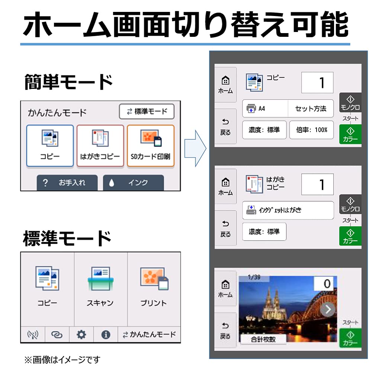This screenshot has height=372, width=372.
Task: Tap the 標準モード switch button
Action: (x=147, y=111)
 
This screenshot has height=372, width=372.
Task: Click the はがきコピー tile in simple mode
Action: (x=100, y=146)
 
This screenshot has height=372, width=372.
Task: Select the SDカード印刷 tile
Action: (x=151, y=146)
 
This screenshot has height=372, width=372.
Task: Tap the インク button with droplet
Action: (x=133, y=183)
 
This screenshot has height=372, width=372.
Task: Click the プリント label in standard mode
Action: (x=154, y=303)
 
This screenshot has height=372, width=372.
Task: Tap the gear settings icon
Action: (x=81, y=334)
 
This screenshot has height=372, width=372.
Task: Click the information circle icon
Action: (x=106, y=334)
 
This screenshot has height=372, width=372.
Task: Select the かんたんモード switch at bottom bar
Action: (x=149, y=334)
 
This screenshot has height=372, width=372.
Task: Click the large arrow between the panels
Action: (x=195, y=148)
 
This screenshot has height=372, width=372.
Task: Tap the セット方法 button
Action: (x=311, y=109)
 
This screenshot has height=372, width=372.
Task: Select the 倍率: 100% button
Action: (x=311, y=130)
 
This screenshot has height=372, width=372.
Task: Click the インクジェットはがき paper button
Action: (x=288, y=210)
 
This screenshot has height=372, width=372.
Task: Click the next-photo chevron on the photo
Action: (x=328, y=310)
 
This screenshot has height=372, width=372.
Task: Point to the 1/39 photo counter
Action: (x=254, y=277)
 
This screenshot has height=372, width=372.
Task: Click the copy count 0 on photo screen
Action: (x=327, y=283)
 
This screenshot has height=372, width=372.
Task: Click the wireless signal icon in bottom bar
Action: (x=33, y=335)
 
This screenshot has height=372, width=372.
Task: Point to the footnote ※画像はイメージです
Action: (x=62, y=360)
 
